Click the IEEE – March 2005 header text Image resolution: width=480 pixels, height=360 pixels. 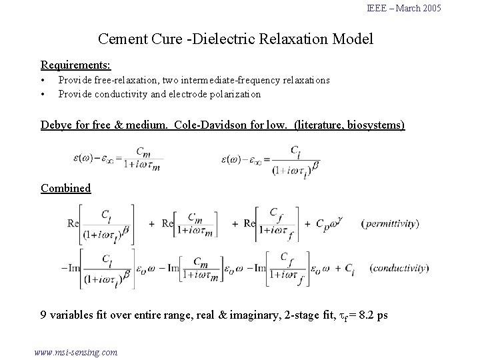pyautogui.click(x=404, y=8)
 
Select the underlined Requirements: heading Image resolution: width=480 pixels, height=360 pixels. pyautogui.click(x=76, y=65)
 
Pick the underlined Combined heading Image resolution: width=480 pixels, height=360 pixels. pyautogui.click(x=65, y=188)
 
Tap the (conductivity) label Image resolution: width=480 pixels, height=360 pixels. pyautogui.click(x=396, y=268)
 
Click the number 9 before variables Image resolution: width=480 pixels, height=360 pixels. pyautogui.click(x=44, y=315)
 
